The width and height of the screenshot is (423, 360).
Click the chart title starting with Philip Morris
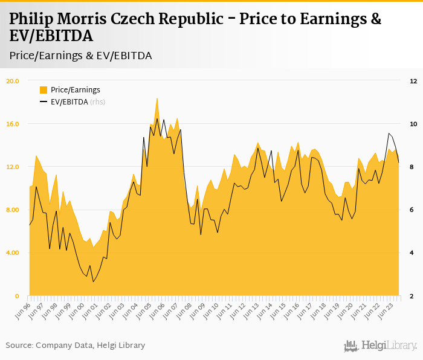(x=195, y=27)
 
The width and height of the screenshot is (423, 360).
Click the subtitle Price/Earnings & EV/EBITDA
(x=80, y=56)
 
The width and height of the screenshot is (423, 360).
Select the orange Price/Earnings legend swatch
(x=44, y=90)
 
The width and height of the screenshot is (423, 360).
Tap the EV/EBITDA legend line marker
(x=44, y=101)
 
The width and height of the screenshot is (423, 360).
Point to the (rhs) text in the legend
(x=98, y=101)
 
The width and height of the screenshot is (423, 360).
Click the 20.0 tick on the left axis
(x=13, y=81)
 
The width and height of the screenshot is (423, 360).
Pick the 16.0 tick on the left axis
(x=13, y=124)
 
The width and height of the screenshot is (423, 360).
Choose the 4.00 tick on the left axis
(x=13, y=253)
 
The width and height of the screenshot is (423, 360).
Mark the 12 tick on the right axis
(x=413, y=81)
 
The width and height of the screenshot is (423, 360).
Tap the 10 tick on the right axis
(x=413, y=124)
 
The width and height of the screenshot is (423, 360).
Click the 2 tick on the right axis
(x=412, y=296)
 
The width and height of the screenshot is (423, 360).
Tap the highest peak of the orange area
(x=157, y=98)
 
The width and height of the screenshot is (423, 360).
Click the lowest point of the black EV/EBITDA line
(x=93, y=281)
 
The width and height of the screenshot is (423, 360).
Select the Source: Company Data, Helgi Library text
(x=76, y=345)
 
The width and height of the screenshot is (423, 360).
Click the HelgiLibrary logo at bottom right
(x=381, y=346)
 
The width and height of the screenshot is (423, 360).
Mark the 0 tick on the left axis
(x=17, y=296)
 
